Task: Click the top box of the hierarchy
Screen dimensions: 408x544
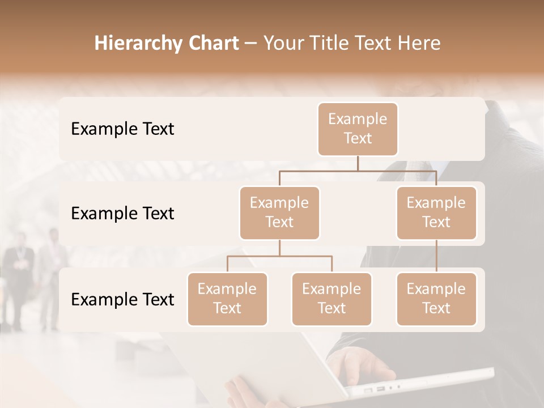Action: (358, 129)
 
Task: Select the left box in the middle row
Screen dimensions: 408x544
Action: (279, 212)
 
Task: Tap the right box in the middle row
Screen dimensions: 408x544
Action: (436, 212)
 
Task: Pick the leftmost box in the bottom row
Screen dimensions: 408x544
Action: (227, 299)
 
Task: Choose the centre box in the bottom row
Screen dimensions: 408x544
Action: (331, 299)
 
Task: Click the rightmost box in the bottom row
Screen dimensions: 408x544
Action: (436, 299)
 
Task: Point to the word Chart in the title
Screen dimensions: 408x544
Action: (212, 44)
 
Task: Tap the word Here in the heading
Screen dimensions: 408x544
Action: (418, 44)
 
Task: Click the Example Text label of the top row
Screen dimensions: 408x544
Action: (122, 129)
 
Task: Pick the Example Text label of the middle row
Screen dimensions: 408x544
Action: (122, 214)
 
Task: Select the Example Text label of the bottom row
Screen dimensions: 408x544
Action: (122, 300)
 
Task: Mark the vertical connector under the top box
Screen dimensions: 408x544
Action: (358, 163)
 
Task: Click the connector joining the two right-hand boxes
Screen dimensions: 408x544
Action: (436, 256)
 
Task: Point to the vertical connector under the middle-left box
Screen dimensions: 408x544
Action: (279, 248)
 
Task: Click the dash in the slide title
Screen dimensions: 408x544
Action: (251, 44)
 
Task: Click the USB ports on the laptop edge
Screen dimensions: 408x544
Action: (374, 390)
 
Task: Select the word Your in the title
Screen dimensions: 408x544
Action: (281, 44)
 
